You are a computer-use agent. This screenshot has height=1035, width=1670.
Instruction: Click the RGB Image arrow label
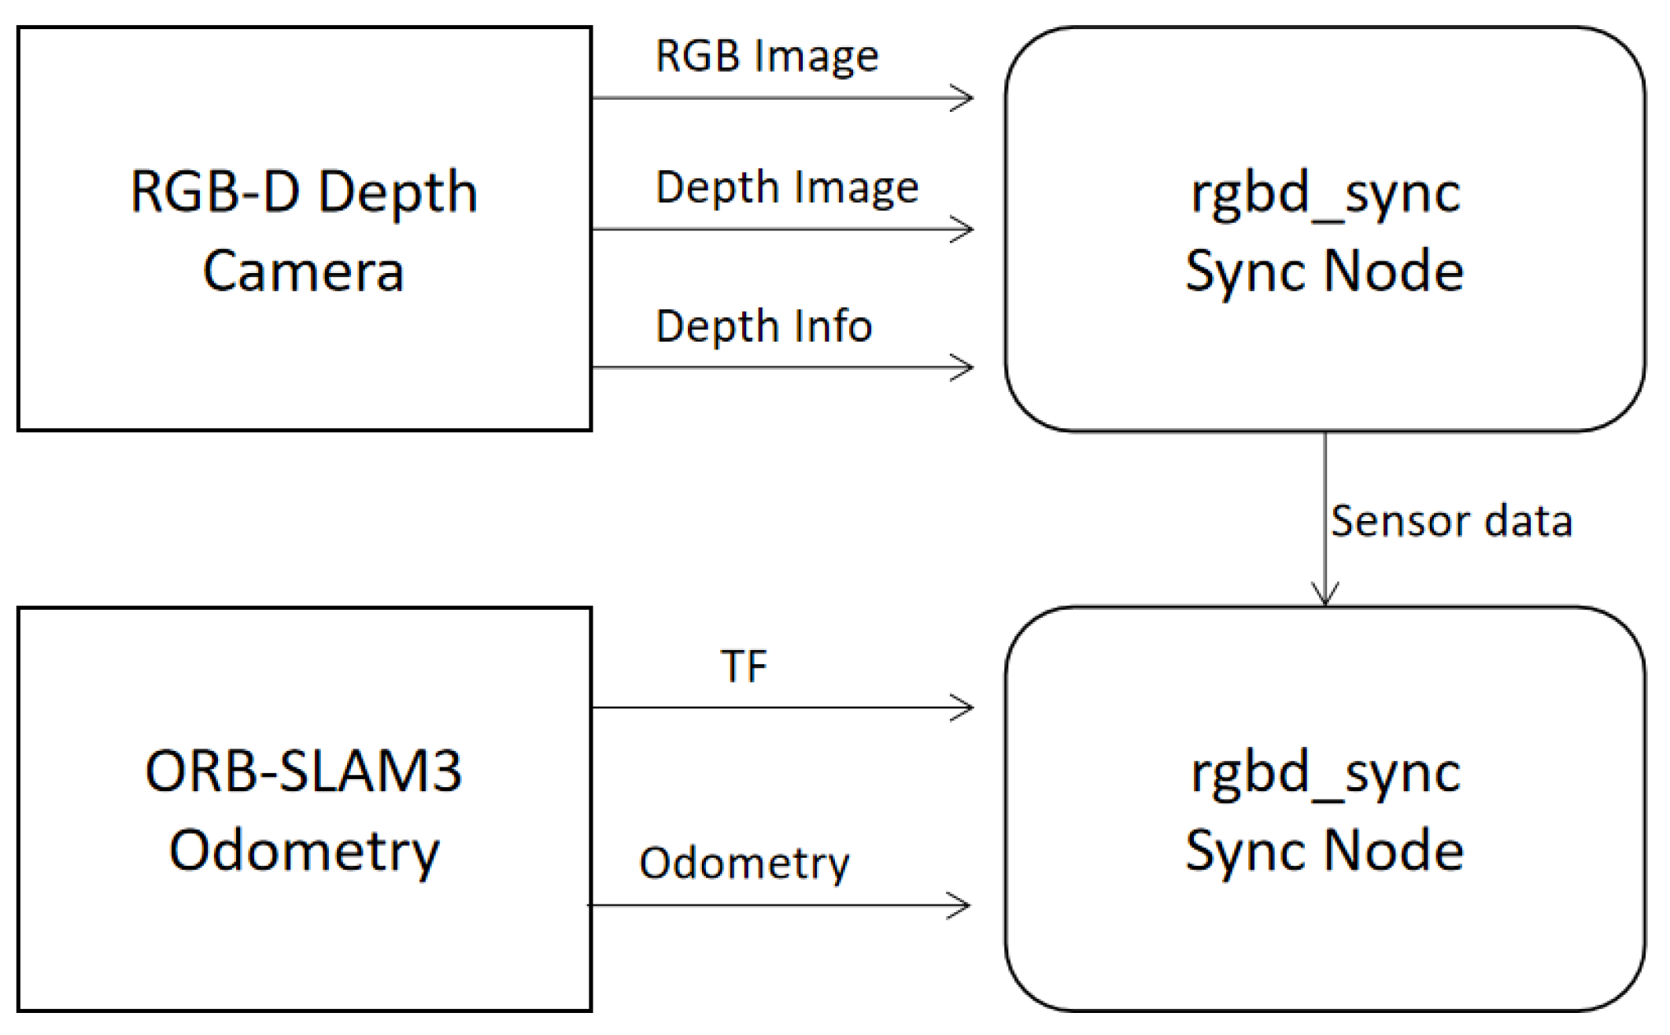(767, 57)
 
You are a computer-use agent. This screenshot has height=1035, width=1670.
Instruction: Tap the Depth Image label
(786, 188)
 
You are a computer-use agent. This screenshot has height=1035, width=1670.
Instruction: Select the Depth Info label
(763, 326)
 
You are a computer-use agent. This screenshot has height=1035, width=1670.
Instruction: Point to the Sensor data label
(1450, 521)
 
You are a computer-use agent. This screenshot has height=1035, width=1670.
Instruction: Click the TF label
(743, 667)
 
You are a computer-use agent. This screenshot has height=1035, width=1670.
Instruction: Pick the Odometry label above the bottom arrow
(744, 863)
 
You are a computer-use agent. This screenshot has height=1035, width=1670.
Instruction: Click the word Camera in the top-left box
(303, 272)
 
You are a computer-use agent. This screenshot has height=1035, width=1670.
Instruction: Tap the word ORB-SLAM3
(303, 771)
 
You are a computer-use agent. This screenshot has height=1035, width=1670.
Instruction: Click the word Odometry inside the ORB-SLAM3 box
(303, 852)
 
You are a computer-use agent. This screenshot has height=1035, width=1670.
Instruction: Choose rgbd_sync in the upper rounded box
(1325, 194)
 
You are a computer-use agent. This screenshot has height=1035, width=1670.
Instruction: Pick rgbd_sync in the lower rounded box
(1325, 774)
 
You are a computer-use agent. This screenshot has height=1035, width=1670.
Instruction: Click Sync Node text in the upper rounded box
(1325, 272)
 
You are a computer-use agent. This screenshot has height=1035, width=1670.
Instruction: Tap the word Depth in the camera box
(398, 194)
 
